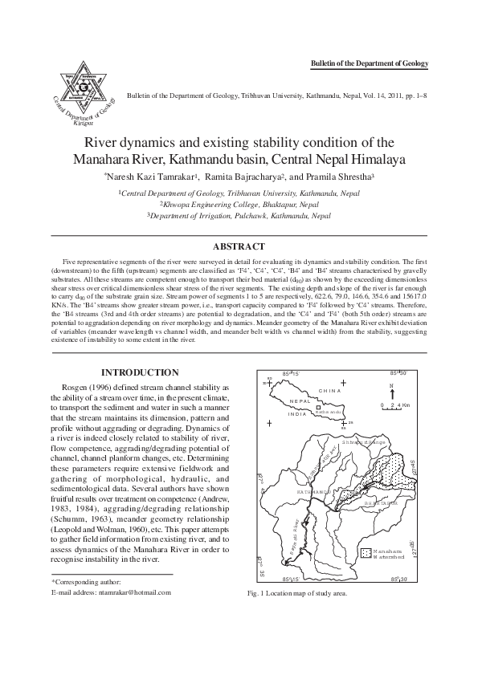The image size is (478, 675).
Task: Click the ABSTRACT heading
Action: pos(239,246)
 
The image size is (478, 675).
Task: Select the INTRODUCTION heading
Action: pos(139,372)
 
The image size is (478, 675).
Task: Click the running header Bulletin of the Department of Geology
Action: pos(369,63)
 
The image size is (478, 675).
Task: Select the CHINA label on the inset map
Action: pos(329,391)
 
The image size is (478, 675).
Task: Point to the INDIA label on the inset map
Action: pos(298,415)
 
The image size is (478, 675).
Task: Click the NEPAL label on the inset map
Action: pos(300,401)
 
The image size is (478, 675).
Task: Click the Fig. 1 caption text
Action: pos(298,594)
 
